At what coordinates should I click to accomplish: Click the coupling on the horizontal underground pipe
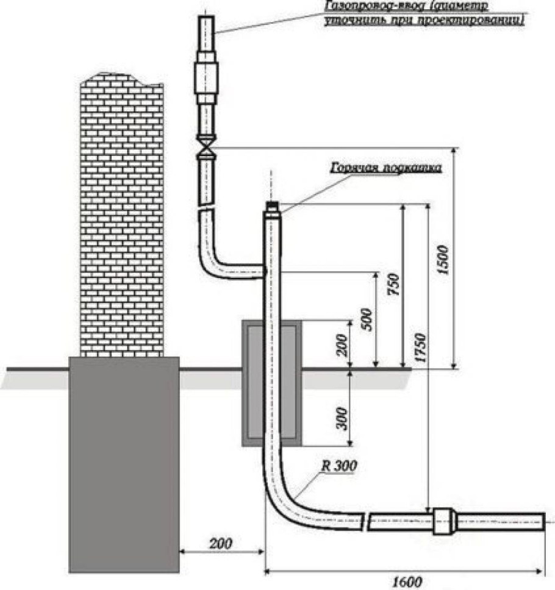point(445,522)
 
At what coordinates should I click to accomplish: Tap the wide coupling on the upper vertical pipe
point(207,78)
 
